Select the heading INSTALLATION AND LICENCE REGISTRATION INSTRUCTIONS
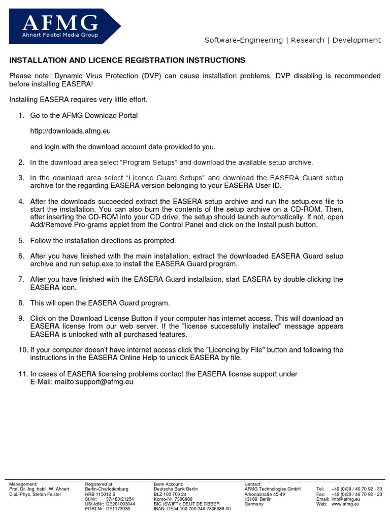(x=127, y=60)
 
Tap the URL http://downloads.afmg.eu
(x=70, y=131)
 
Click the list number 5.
(x=21, y=240)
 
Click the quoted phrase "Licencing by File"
(x=231, y=350)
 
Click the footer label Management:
(x=23, y=484)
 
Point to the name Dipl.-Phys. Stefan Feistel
(x=35, y=494)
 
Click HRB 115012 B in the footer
(x=100, y=494)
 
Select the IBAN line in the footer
(x=192, y=508)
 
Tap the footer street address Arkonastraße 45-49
(x=265, y=494)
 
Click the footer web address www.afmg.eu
(x=346, y=504)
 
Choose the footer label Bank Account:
(x=169, y=484)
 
